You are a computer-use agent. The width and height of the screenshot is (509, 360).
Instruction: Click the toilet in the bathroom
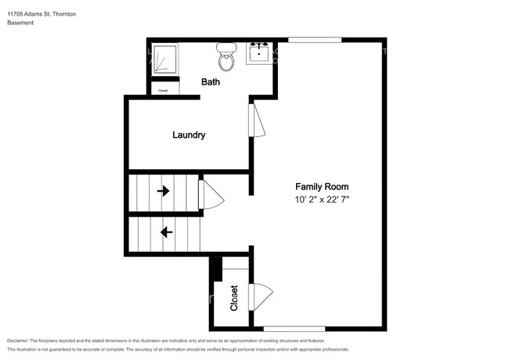coord(226,57)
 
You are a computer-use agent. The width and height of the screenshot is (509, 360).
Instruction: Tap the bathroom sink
coord(259,53)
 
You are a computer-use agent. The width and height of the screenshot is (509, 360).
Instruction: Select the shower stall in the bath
coord(165,59)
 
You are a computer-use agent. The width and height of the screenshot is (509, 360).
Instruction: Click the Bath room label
coord(211,81)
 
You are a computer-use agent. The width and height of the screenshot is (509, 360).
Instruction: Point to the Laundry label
coord(189,135)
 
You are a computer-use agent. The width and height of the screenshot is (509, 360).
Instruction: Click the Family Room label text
coord(322,186)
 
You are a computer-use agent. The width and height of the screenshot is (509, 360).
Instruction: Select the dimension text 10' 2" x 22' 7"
coord(322,199)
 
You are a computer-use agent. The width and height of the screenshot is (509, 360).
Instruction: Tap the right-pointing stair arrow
coord(164,191)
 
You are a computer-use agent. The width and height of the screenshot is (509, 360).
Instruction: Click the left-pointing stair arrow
coord(167,232)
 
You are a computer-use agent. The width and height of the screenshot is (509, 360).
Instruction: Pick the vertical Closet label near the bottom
coord(234,298)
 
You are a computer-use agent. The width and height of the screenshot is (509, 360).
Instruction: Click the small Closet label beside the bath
coord(163,91)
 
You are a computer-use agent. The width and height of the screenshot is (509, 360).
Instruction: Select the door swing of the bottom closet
coord(261,297)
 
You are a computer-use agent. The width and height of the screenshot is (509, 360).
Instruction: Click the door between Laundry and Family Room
coord(257,120)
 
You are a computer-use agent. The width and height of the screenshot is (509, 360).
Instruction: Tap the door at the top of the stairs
coord(211,195)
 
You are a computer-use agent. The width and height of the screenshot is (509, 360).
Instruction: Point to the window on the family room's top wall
coord(315,40)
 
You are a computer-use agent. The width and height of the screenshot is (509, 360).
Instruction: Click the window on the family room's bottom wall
coord(294,329)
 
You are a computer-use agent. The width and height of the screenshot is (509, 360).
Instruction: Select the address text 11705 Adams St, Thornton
coord(42,14)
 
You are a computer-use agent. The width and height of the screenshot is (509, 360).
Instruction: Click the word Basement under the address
coord(20,23)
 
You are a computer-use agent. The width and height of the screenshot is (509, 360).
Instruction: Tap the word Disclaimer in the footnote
coord(17,340)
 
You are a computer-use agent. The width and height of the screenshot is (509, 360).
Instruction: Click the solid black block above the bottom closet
coord(216,269)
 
